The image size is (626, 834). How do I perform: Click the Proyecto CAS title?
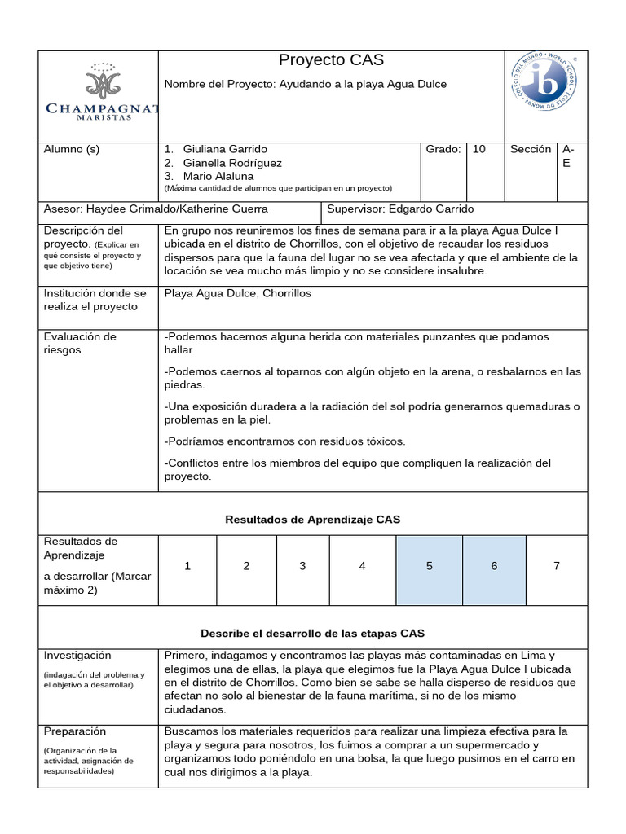pyautogui.click(x=331, y=60)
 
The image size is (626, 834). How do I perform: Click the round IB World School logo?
pyautogui.click(x=544, y=81)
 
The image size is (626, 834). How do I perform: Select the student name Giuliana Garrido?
pyautogui.click(x=225, y=150)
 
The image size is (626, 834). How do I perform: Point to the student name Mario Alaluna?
pyautogui.click(x=218, y=176)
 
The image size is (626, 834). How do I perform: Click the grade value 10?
pyautogui.click(x=479, y=150)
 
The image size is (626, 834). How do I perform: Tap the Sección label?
pyautogui.click(x=531, y=150)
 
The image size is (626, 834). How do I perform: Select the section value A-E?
pyautogui.click(x=568, y=156)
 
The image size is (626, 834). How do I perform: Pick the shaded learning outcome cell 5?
pyautogui.click(x=429, y=566)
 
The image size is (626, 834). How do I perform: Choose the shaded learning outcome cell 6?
pyautogui.click(x=494, y=566)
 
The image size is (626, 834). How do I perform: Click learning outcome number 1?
pyautogui.click(x=187, y=566)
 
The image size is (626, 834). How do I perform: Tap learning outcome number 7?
pyautogui.click(x=557, y=566)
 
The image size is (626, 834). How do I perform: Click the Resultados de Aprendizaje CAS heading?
pyautogui.click(x=312, y=520)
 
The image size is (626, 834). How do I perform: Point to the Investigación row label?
pyautogui.click(x=77, y=656)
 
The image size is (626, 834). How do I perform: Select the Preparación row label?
pyautogui.click(x=76, y=731)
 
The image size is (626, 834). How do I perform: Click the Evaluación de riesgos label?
pyautogui.click(x=80, y=344)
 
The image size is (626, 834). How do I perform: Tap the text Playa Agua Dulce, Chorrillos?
pyautogui.click(x=238, y=293)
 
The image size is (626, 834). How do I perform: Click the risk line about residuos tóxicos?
pyautogui.click(x=284, y=441)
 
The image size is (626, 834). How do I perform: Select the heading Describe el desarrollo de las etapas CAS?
pyautogui.click(x=312, y=633)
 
